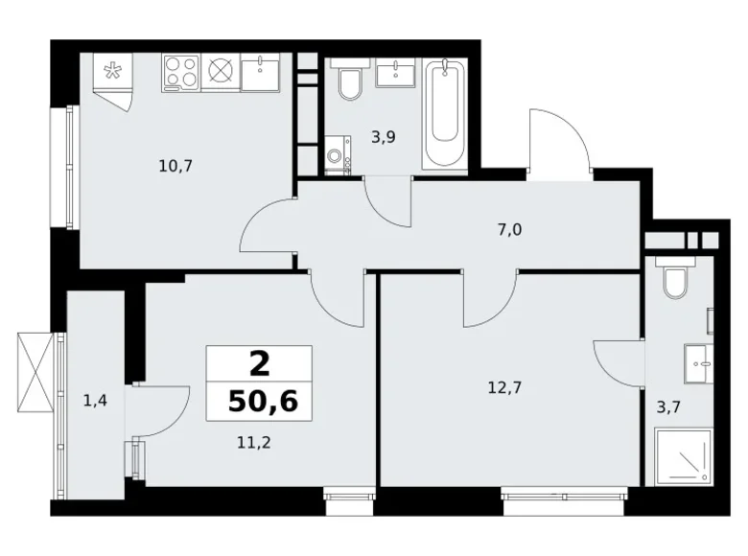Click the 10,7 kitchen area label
176,165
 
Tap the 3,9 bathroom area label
384,137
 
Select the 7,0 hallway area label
509,230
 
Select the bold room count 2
259,364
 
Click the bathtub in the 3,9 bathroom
445,115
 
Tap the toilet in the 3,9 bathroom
349,83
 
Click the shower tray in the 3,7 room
680,459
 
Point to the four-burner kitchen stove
180,70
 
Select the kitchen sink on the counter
259,72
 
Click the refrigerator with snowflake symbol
113,72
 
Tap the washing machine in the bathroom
338,155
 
